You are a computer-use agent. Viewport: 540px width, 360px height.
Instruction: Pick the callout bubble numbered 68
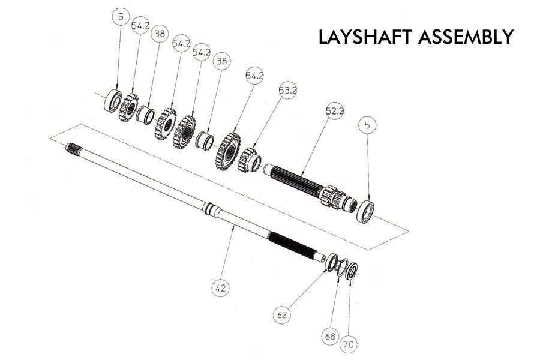coord(330,336)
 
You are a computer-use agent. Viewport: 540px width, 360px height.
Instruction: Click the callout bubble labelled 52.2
coord(334,112)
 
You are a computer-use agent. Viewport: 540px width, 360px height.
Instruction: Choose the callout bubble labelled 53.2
coord(288,91)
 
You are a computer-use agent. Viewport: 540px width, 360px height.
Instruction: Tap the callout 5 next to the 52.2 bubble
coord(367,125)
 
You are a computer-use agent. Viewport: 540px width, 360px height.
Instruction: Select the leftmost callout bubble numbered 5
coord(121,17)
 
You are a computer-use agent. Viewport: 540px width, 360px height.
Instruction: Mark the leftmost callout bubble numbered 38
coord(159,34)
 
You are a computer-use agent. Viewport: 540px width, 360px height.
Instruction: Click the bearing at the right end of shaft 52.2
coord(365,212)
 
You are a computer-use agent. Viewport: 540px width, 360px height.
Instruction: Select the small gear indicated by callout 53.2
coord(249,160)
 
